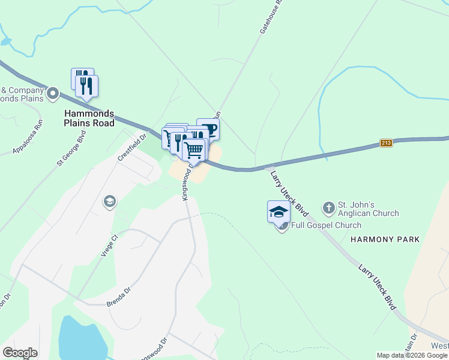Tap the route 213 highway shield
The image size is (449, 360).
386,143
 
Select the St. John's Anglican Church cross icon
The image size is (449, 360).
328,208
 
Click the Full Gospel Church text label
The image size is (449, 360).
326,226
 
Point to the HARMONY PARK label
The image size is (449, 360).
384,239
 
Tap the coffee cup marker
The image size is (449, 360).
208,128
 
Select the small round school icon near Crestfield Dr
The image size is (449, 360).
109,200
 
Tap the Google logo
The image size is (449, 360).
20,353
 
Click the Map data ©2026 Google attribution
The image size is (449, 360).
412,355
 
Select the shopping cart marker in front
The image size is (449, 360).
194,149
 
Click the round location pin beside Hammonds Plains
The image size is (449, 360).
52,94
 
